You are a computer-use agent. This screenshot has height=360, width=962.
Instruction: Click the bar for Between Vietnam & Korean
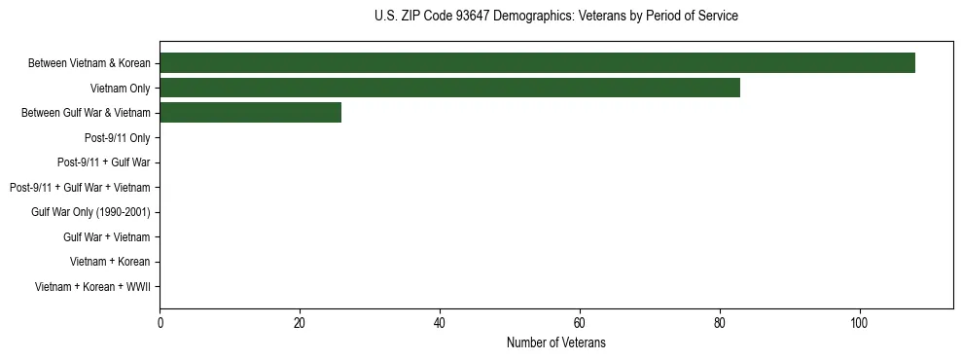tap(537, 63)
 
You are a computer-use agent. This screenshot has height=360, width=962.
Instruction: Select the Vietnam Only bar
tap(449, 89)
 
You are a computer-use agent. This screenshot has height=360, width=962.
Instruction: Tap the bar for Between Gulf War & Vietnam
tap(250, 113)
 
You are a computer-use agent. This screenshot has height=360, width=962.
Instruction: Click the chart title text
tap(555, 16)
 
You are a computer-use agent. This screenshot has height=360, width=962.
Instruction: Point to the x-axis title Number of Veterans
tap(555, 342)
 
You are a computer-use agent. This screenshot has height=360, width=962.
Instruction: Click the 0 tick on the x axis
tap(160, 323)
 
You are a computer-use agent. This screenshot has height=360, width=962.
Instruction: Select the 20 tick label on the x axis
tap(300, 323)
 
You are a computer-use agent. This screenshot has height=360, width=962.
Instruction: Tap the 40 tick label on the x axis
tap(440, 323)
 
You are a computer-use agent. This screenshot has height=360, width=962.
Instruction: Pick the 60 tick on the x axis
tap(580, 323)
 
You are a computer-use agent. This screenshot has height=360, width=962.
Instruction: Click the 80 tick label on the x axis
tap(720, 323)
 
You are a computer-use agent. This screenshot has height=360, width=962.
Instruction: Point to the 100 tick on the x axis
tap(859, 323)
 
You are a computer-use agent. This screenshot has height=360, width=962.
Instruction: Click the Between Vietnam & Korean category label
tap(89, 64)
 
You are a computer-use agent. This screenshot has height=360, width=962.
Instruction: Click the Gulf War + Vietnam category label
tap(107, 237)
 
